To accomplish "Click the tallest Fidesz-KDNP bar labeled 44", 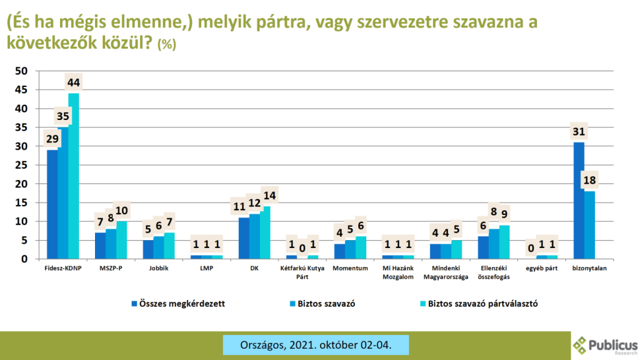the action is tap(73, 176).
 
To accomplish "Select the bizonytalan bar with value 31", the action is tap(579, 200).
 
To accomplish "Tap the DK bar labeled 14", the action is tap(265, 232).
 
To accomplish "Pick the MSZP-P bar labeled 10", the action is tap(121, 240).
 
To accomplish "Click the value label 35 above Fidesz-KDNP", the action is tap(63, 117).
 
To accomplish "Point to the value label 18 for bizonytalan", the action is tap(589, 180).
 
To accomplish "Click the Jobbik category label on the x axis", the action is tap(159, 268).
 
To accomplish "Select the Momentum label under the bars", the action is tap(350, 268).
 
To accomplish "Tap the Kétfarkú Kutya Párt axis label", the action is tap(302, 272).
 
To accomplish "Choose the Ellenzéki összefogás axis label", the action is tap(494, 272).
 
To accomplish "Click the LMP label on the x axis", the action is tap(207, 268).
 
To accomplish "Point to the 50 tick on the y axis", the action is tap(21, 71).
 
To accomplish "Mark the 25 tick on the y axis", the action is tap(21, 165).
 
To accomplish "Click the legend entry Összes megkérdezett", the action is tap(178, 304).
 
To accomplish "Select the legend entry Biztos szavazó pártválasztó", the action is tap(479, 304).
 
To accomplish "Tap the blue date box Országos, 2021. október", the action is tap(316, 345).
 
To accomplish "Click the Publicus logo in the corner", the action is tap(606, 345).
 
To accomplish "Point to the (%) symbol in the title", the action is tap(166, 44).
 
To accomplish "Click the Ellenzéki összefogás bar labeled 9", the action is tap(505, 242).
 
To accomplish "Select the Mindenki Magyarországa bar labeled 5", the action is tap(457, 249).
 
